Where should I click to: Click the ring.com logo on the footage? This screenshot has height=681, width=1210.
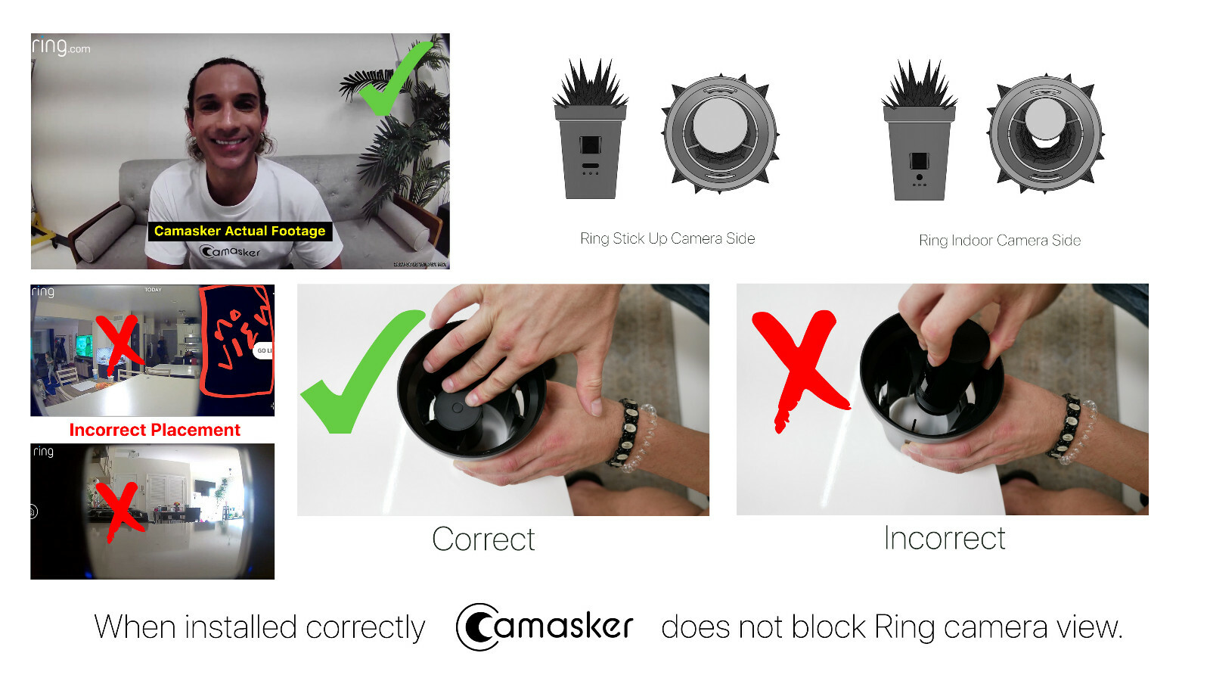point(60,47)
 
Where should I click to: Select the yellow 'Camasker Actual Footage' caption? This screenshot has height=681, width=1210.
point(240,231)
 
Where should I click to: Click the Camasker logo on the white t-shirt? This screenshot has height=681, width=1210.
point(230,250)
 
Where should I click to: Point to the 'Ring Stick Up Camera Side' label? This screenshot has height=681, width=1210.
point(667,238)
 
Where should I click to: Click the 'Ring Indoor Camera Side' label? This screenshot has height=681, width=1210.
point(999,241)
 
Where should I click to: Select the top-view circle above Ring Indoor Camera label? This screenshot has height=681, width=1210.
point(1045,135)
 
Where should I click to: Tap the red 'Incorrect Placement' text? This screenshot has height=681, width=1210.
point(154,430)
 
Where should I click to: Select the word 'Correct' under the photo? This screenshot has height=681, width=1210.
point(483,540)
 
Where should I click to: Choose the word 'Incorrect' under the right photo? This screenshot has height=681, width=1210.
point(944,538)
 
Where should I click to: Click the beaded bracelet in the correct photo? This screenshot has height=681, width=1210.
point(631,435)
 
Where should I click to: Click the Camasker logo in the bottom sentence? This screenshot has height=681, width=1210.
point(544,627)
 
